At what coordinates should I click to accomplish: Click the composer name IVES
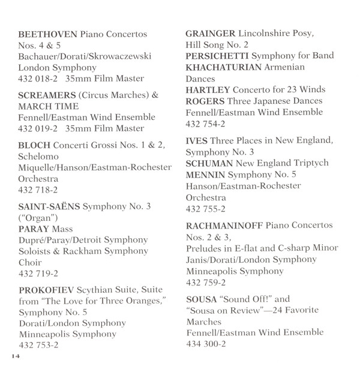tap(197, 140)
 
